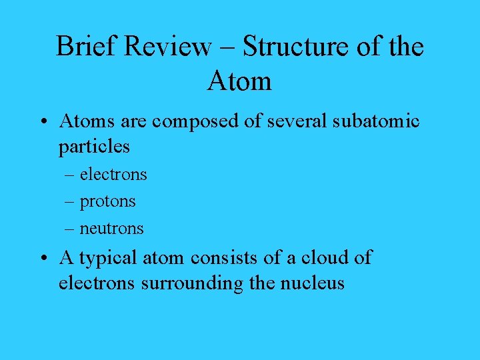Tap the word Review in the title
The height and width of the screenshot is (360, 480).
[x=169, y=47]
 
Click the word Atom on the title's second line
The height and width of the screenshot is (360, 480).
[x=239, y=81]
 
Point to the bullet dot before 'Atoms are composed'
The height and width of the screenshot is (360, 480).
[x=43, y=122]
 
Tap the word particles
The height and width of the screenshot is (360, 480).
[x=94, y=146]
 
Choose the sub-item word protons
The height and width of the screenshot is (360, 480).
[x=107, y=201]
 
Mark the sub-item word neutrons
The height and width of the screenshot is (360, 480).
[x=111, y=228]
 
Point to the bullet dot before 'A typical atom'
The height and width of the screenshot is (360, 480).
[x=43, y=259]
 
